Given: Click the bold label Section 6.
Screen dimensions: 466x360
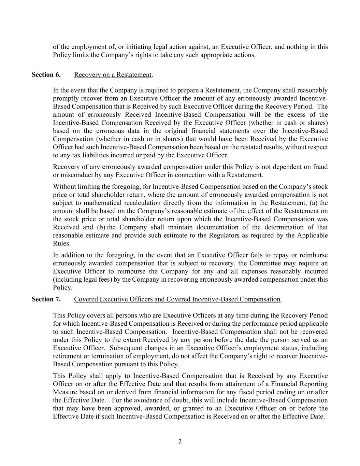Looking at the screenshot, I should (x=46, y=74).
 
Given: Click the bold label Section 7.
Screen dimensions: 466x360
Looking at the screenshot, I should (x=46, y=299).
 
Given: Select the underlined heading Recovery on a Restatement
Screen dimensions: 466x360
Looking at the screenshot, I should (x=113, y=74).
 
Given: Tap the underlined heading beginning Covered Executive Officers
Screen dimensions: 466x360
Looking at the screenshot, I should (x=177, y=299).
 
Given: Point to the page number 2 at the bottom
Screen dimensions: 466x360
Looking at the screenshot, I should (x=180, y=441).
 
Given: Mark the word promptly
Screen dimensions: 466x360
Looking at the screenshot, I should (x=65, y=98).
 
